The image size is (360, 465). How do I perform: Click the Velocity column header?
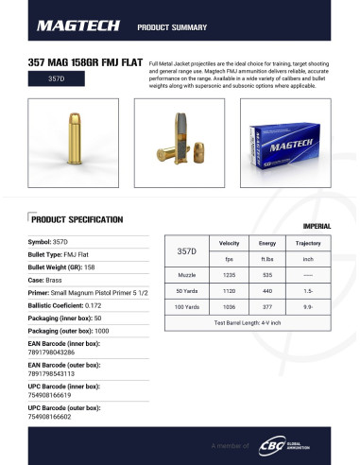tap(229, 244)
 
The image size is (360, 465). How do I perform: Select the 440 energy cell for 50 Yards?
tap(267, 291)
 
